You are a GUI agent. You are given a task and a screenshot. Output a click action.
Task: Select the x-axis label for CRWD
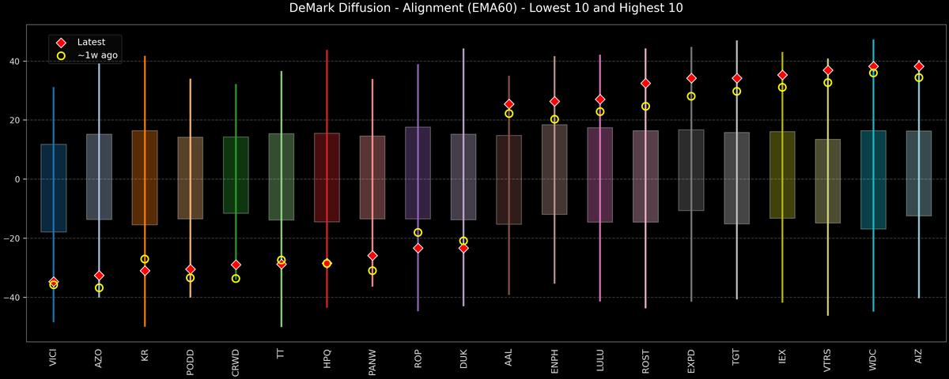tap(236, 362)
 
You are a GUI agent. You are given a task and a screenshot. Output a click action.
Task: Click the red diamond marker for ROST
tap(645, 83)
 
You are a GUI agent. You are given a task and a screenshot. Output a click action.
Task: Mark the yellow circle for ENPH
tap(554, 119)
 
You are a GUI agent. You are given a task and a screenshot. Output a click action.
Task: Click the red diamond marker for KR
tap(145, 270)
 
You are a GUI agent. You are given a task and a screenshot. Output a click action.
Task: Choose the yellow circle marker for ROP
tap(418, 232)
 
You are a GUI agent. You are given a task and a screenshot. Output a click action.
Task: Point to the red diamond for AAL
tap(509, 104)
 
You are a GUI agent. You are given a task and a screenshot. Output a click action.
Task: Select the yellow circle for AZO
tap(99, 288)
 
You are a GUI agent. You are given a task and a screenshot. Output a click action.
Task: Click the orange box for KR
tap(145, 178)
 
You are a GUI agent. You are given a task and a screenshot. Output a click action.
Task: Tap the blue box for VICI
tap(54, 188)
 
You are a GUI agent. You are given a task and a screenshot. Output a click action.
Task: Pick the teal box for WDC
tap(873, 180)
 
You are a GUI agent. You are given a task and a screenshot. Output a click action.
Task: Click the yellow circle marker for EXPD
tap(691, 96)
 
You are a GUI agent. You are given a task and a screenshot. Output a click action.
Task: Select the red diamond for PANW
tap(372, 256)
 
